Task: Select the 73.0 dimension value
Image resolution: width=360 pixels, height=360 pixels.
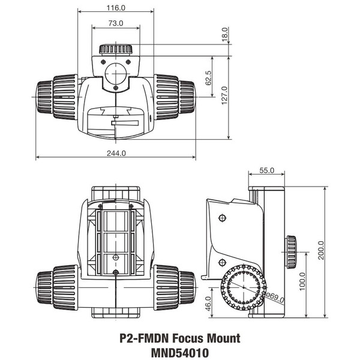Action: click(x=115, y=23)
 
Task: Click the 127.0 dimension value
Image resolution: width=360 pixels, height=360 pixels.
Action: click(x=224, y=97)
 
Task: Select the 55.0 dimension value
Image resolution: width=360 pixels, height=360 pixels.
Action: click(x=267, y=170)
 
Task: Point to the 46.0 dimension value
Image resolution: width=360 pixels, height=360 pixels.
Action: click(x=209, y=304)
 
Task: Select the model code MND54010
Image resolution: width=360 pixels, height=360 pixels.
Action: click(x=180, y=353)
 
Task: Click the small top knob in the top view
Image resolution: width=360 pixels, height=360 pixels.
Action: click(x=116, y=49)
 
